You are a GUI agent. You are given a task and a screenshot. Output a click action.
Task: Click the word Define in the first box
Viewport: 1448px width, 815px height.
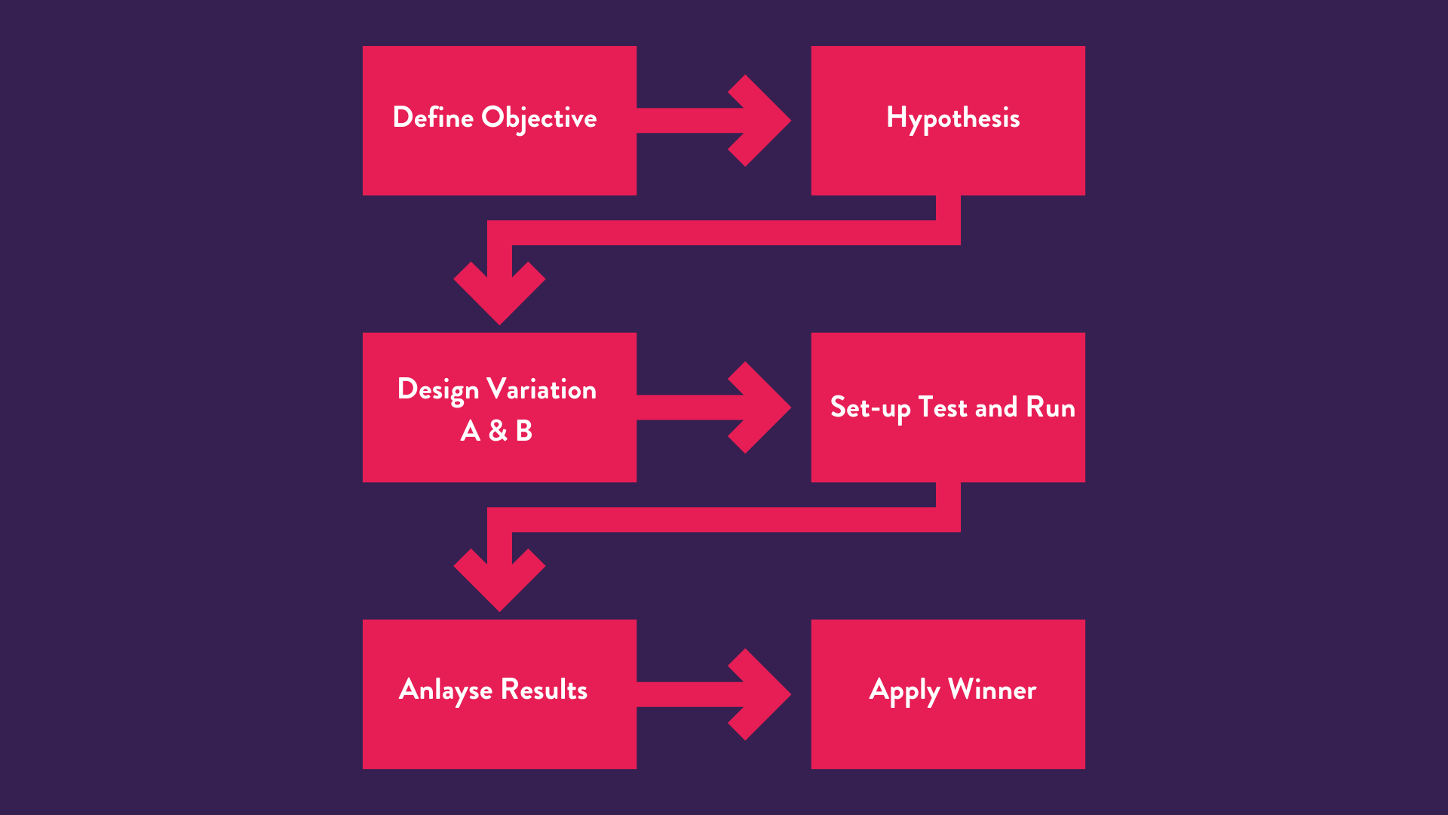(433, 118)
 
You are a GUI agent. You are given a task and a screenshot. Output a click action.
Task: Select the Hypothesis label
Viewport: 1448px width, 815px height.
(953, 118)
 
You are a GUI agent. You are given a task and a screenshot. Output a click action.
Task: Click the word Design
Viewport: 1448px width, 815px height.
(437, 390)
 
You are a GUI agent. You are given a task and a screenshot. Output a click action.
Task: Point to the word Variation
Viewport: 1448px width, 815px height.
(541, 389)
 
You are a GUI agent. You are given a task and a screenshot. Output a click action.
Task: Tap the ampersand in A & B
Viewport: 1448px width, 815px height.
(498, 431)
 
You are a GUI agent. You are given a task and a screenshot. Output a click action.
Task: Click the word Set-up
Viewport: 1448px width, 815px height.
(870, 408)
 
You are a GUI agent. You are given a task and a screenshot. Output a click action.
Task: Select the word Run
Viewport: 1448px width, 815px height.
(1050, 407)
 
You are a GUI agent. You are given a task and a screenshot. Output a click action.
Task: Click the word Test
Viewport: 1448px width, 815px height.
(942, 407)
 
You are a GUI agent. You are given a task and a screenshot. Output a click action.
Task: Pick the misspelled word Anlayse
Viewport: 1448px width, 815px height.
(445, 690)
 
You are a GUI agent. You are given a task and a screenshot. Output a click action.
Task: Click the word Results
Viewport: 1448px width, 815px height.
(544, 690)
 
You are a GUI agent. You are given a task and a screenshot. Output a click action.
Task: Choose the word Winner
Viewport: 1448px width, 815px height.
(992, 690)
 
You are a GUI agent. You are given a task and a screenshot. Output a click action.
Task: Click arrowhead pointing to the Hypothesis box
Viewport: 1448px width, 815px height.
(762, 121)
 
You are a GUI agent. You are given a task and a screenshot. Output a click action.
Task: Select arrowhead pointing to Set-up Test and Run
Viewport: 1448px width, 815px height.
(762, 407)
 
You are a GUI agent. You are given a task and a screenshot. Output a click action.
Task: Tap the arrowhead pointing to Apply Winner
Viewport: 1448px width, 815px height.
(762, 694)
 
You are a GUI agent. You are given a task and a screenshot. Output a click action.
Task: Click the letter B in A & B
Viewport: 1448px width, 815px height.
(524, 431)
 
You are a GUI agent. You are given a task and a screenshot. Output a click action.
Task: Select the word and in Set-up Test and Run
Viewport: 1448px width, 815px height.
(995, 407)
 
